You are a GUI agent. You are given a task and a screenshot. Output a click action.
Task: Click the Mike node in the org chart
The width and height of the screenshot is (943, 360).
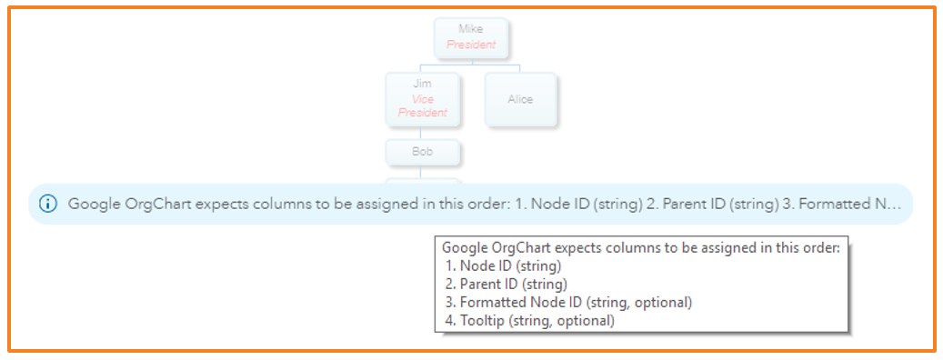[x=470, y=36]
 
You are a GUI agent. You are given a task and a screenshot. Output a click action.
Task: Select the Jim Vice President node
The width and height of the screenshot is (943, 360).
[x=422, y=98]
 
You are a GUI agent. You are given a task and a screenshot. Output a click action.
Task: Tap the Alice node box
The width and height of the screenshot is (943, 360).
[x=520, y=99]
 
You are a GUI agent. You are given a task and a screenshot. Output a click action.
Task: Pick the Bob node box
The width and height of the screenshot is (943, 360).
[x=422, y=152]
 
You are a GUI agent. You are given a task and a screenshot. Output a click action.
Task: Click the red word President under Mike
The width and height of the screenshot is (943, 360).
[x=471, y=44]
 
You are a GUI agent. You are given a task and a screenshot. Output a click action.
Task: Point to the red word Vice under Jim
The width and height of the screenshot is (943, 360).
[x=422, y=98]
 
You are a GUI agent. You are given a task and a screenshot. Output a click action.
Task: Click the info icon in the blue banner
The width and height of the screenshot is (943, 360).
[x=47, y=205]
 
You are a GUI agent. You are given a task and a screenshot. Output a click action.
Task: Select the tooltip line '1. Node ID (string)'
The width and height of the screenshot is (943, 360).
[x=504, y=265]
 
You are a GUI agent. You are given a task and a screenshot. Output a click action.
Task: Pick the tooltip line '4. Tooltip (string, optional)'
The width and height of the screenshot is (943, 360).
[x=530, y=320]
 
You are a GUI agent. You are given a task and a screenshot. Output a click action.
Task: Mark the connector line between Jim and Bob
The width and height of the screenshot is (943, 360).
[x=422, y=133]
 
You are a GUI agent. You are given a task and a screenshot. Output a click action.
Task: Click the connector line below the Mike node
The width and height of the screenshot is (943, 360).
[x=470, y=61]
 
